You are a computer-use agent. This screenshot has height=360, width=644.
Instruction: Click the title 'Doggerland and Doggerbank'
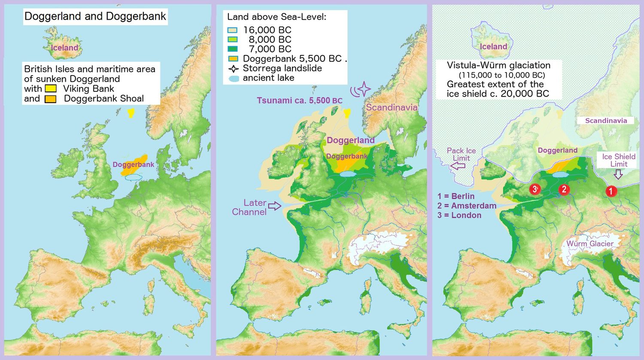[x=95, y=16]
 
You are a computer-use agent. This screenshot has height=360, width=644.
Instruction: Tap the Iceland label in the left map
[x=64, y=48]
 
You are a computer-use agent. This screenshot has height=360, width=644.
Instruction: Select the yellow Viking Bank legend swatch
[x=51, y=89]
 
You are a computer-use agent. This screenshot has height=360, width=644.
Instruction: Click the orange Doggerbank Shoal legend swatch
[x=51, y=99]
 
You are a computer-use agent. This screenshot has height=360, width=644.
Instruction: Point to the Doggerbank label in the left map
[x=133, y=164]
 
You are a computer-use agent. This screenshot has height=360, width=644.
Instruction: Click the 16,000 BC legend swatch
[x=232, y=30]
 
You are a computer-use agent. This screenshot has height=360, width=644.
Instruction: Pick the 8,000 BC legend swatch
[x=232, y=39]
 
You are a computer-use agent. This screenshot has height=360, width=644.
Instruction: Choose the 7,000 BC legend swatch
[x=232, y=49]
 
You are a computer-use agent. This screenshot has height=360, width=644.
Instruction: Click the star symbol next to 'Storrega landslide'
[x=233, y=69]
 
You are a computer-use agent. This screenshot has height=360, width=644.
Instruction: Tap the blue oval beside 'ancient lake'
[x=234, y=79]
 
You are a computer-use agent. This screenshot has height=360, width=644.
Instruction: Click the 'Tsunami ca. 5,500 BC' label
[x=299, y=100]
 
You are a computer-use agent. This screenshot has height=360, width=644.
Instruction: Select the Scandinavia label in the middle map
[x=391, y=107]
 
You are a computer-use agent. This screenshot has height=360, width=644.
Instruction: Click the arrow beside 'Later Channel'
[x=275, y=206]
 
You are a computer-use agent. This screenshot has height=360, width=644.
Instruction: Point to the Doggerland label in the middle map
[x=350, y=140]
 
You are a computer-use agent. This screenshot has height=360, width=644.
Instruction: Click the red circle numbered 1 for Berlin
[x=611, y=191]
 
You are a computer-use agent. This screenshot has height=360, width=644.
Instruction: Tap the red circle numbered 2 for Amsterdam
[x=564, y=189]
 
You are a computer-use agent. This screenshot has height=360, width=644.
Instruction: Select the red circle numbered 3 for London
[x=535, y=189]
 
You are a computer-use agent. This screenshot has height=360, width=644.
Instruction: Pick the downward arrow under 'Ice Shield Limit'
[x=618, y=174]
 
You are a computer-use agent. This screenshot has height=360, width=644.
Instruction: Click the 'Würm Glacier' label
[x=589, y=244]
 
